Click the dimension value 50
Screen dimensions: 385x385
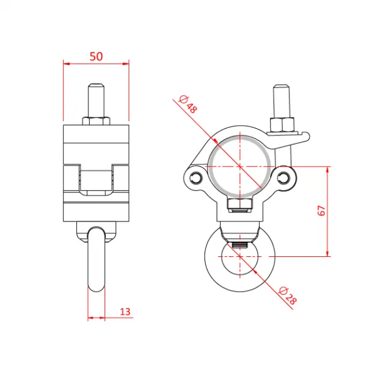(96, 56)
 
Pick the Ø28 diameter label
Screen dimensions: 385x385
(288, 295)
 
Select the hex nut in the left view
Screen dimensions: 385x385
(96, 120)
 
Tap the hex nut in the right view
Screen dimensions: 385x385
(282, 126)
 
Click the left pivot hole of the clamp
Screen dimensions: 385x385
(196, 177)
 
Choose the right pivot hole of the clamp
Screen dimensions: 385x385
(284, 177)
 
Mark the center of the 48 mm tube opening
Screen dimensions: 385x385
(240, 165)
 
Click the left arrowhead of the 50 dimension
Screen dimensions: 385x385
(66, 63)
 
